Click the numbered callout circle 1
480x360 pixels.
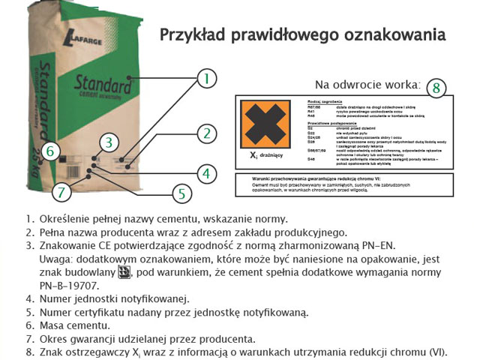206,77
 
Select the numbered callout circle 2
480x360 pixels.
206,134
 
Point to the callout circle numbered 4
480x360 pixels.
206,174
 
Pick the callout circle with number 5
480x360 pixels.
179,193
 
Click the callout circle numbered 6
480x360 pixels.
50,151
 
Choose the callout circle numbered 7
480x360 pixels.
62,191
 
